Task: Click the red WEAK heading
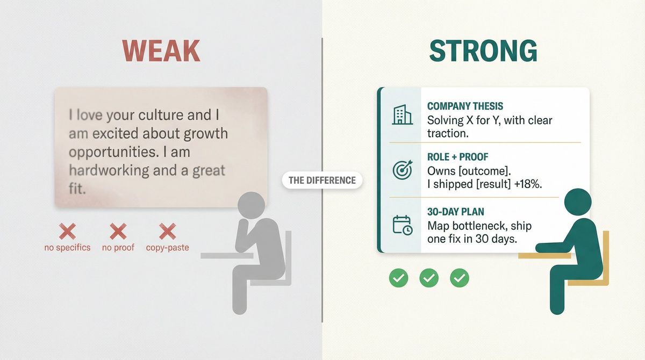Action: [161, 51]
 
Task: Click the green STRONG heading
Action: [483, 51]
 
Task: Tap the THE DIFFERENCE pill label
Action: [322, 180]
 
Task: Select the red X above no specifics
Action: [67, 232]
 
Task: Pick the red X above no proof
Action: [118, 232]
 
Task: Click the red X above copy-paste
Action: [167, 232]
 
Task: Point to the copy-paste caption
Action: [167, 248]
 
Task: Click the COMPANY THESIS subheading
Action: [465, 106]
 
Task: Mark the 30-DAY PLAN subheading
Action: [455, 212]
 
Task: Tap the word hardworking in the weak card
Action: [105, 171]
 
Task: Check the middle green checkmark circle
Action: [429, 278]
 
